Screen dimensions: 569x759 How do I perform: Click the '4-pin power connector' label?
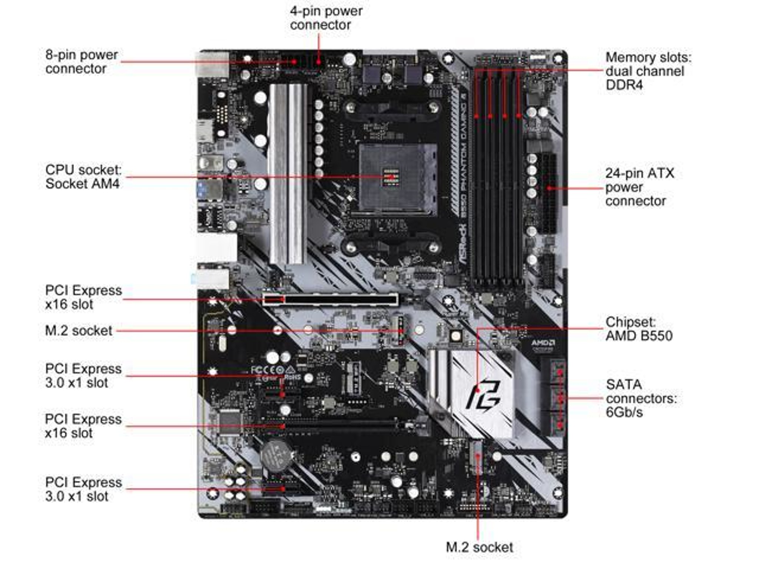click(x=326, y=18)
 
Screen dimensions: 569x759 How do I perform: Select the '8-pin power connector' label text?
click(x=82, y=61)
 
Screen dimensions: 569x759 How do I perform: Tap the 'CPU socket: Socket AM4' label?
click(x=83, y=176)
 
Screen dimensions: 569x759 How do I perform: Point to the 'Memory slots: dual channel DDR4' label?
click(x=648, y=71)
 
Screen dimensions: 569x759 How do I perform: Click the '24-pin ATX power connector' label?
click(x=639, y=187)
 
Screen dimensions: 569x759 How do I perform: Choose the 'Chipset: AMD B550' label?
click(x=639, y=329)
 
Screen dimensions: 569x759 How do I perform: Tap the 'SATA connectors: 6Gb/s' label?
click(x=641, y=398)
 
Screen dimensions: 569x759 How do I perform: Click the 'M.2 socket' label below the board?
click(x=479, y=547)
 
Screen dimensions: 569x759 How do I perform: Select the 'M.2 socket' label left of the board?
click(x=78, y=330)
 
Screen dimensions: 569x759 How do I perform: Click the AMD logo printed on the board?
click(x=543, y=343)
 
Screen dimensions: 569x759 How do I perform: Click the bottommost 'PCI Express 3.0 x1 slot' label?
click(x=83, y=489)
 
